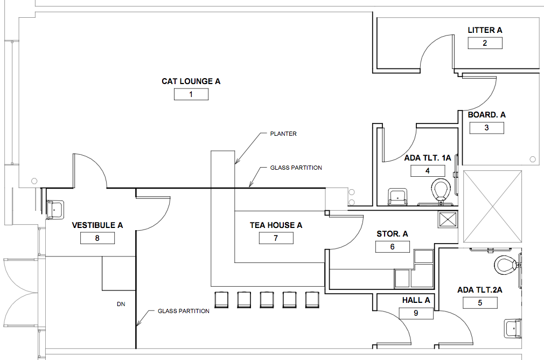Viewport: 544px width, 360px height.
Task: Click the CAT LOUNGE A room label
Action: [191, 81]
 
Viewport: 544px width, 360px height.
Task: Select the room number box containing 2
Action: [485, 43]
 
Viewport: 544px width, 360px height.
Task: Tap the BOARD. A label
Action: [486, 115]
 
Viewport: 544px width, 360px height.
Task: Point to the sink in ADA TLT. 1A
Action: [397, 197]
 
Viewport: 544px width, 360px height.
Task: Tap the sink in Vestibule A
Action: [55, 210]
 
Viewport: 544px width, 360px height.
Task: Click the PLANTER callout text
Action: [283, 134]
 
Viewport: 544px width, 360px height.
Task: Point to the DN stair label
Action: [121, 304]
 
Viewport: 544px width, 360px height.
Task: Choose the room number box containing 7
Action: [276, 238]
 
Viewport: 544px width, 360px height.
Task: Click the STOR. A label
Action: [393, 234]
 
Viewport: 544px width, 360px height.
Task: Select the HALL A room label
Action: [416, 300]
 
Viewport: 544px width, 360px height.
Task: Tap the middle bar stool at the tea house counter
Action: [267, 300]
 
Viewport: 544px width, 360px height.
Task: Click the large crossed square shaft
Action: [493, 206]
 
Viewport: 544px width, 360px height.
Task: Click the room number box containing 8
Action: [97, 238]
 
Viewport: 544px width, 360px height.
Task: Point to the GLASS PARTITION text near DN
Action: [184, 311]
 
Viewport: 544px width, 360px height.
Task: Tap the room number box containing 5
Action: [480, 303]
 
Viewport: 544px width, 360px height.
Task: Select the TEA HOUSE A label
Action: [276, 225]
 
